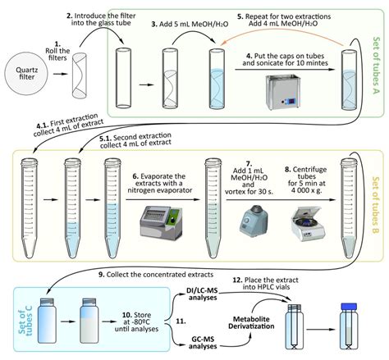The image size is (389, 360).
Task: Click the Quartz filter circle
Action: coord(26,74)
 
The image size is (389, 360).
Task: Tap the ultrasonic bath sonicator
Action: coord(283,91)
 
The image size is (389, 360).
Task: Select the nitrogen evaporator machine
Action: coord(161,222)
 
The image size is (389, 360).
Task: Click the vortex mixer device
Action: coord(254,221)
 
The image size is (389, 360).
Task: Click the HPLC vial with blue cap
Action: coord(349,326)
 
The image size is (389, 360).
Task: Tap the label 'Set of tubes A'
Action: coord(377,66)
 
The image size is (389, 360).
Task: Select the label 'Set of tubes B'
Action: coord(376,205)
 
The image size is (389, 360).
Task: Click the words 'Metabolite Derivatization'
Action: coord(251,322)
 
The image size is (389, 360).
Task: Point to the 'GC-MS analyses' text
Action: coord(203,343)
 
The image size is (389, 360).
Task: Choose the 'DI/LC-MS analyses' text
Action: coord(203,294)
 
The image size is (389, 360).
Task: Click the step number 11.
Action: coord(181,321)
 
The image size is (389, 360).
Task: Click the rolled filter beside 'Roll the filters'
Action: coord(80,75)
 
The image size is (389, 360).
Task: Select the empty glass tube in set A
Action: coord(123,78)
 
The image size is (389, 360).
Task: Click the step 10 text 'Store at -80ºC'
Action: coord(136,318)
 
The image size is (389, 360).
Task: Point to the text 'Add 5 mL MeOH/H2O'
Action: coord(190,24)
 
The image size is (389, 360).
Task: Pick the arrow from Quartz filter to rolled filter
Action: coord(61,74)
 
